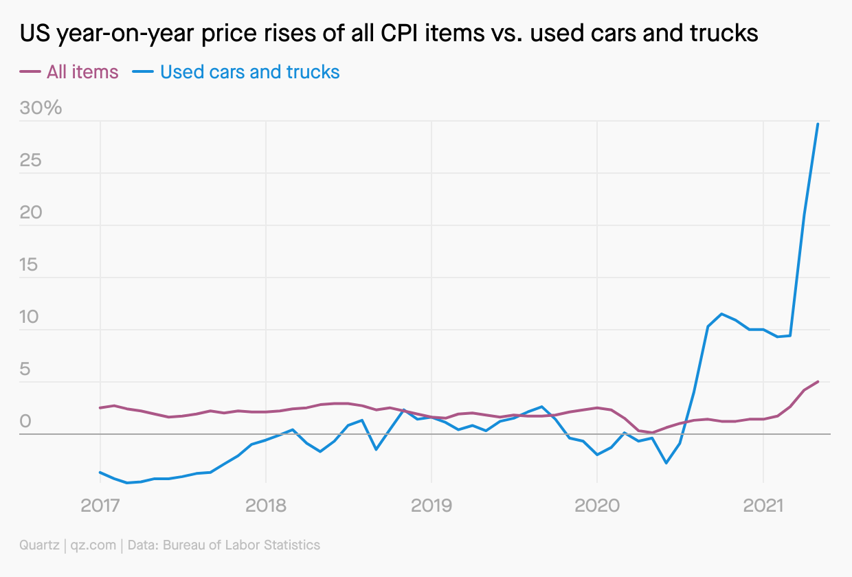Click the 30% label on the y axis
click(41, 109)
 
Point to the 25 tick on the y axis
click(31, 161)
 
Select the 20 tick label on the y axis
click(31, 213)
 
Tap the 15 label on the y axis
click(31, 265)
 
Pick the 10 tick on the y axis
click(31, 317)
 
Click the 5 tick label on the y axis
click(25, 370)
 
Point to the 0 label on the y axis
click(25, 422)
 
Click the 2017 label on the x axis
click(100, 507)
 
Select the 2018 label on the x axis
click(266, 507)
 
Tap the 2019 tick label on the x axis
click(431, 507)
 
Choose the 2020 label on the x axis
click(597, 507)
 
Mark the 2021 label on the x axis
click(763, 507)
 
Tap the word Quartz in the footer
click(38, 545)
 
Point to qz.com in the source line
click(93, 545)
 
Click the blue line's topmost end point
click(818, 124)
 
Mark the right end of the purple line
click(818, 381)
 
